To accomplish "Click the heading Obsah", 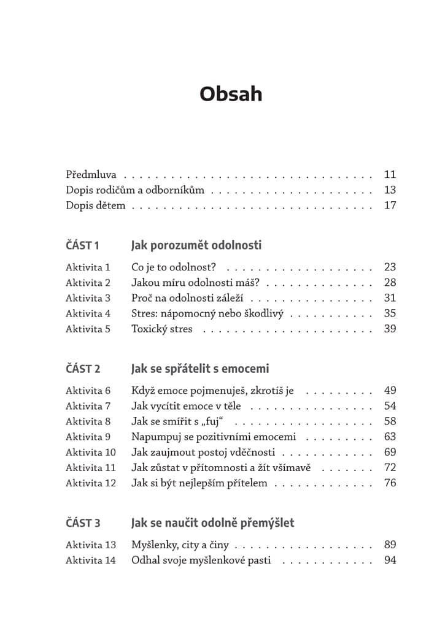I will coord(231,94).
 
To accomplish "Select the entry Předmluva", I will coord(91,175).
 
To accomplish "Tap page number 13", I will coord(390,190).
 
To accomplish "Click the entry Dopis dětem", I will coord(95,205).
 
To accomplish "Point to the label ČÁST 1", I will coord(82,246).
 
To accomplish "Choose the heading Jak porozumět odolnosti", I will coord(196,245).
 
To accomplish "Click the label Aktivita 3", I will coord(88,298).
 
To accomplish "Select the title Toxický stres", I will coord(162,329).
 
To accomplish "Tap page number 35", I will coord(390,313).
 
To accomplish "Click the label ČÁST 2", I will coord(83,369).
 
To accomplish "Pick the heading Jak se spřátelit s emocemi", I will coord(200,369).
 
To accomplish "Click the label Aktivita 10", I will coord(90,452).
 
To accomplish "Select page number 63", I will coord(390,437).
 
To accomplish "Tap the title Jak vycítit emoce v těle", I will coord(186,406).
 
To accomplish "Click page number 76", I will coord(390,483).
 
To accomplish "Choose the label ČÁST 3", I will coord(83,523).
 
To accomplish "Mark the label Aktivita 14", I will coord(90,560).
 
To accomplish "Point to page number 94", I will coord(390,560).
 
